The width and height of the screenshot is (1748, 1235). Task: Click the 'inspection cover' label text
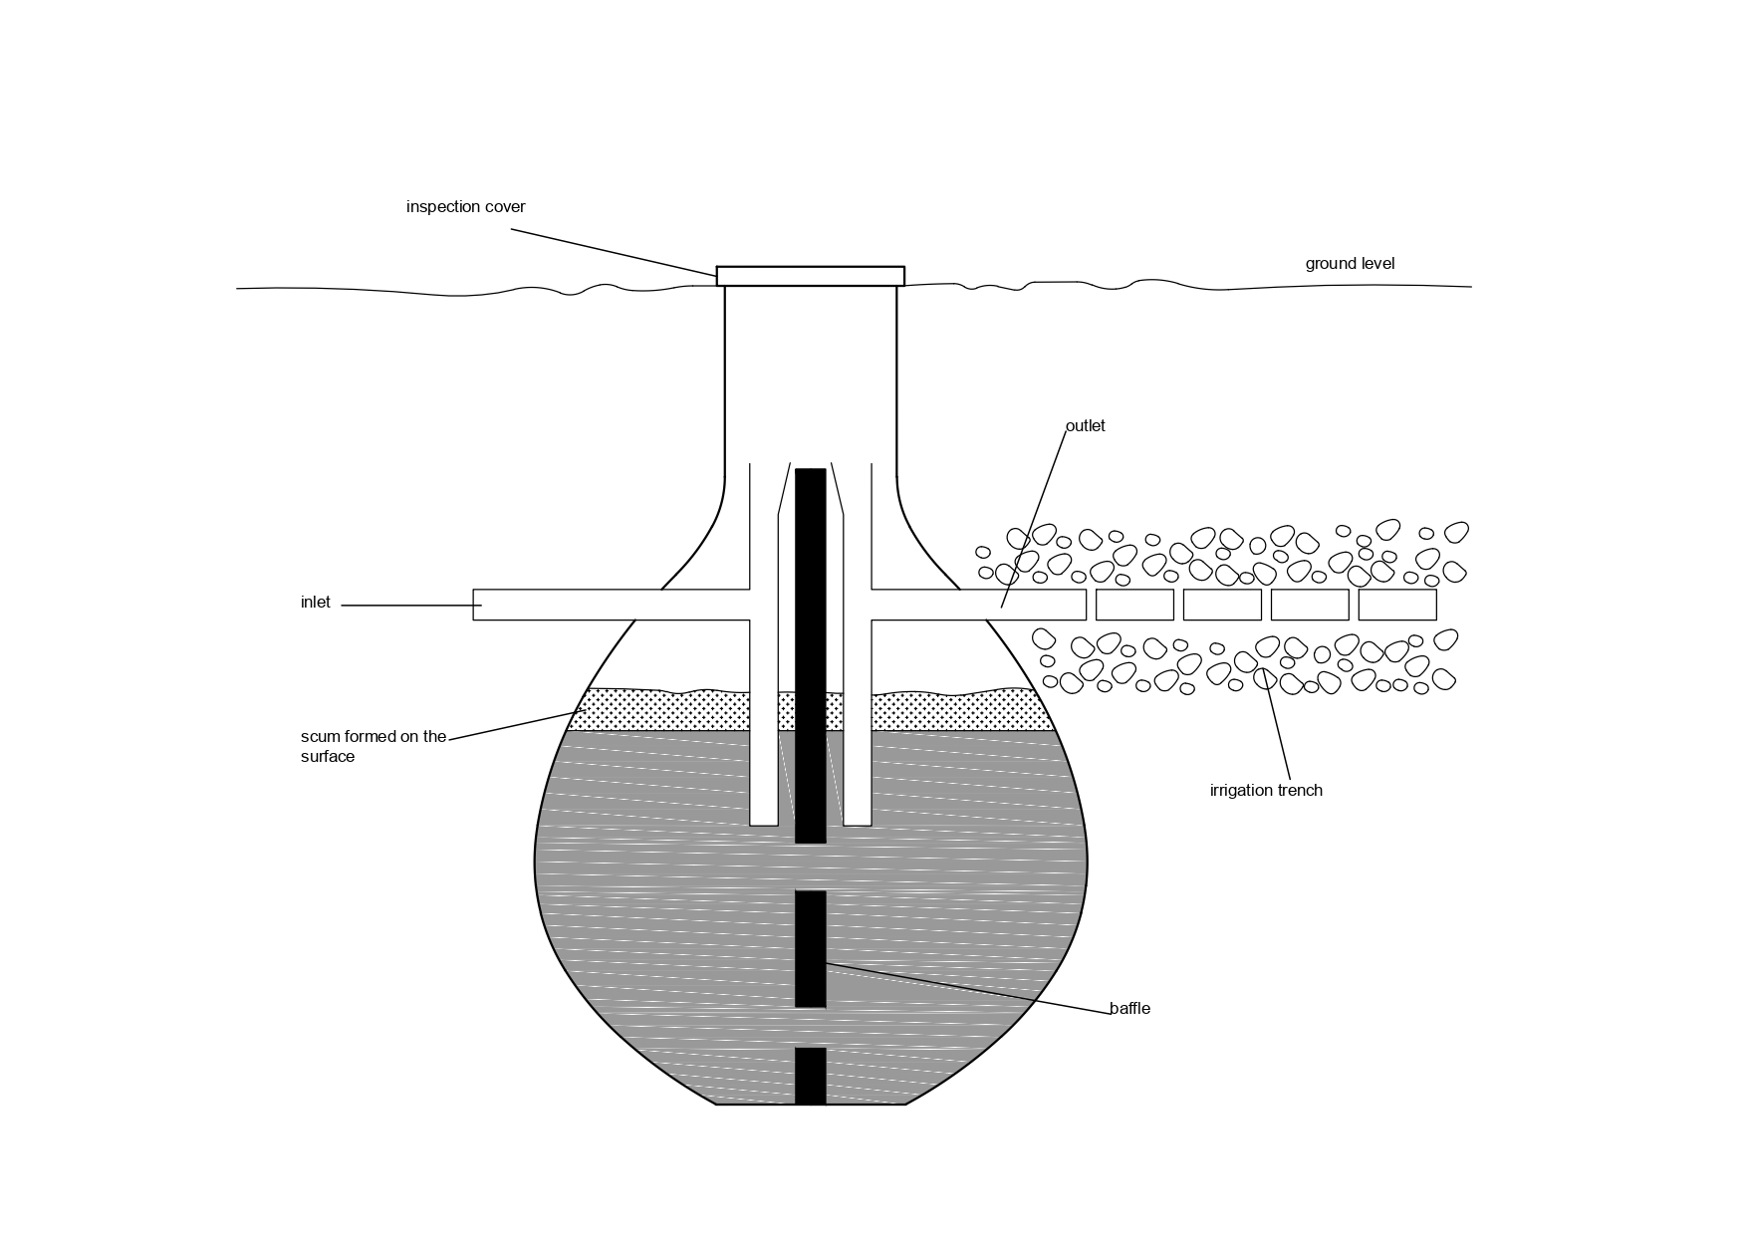(x=465, y=207)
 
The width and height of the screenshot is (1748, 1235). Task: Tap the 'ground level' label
(x=1350, y=264)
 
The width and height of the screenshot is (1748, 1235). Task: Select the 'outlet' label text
(x=1085, y=426)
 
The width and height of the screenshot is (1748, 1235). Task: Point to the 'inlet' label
(x=315, y=603)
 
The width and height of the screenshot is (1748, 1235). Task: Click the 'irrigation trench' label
(x=1266, y=791)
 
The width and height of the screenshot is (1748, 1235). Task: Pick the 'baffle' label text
(x=1129, y=1009)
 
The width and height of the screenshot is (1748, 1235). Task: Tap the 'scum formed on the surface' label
(x=374, y=746)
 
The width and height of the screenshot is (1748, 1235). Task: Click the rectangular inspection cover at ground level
(x=810, y=276)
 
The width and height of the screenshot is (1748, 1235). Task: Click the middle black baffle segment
(x=810, y=948)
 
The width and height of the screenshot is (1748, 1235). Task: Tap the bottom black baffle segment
(x=810, y=1076)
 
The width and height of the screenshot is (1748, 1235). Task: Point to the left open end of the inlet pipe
(x=477, y=605)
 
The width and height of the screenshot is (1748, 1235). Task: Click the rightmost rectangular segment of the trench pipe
(x=1396, y=605)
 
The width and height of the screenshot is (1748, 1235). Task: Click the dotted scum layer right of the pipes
(x=956, y=711)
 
